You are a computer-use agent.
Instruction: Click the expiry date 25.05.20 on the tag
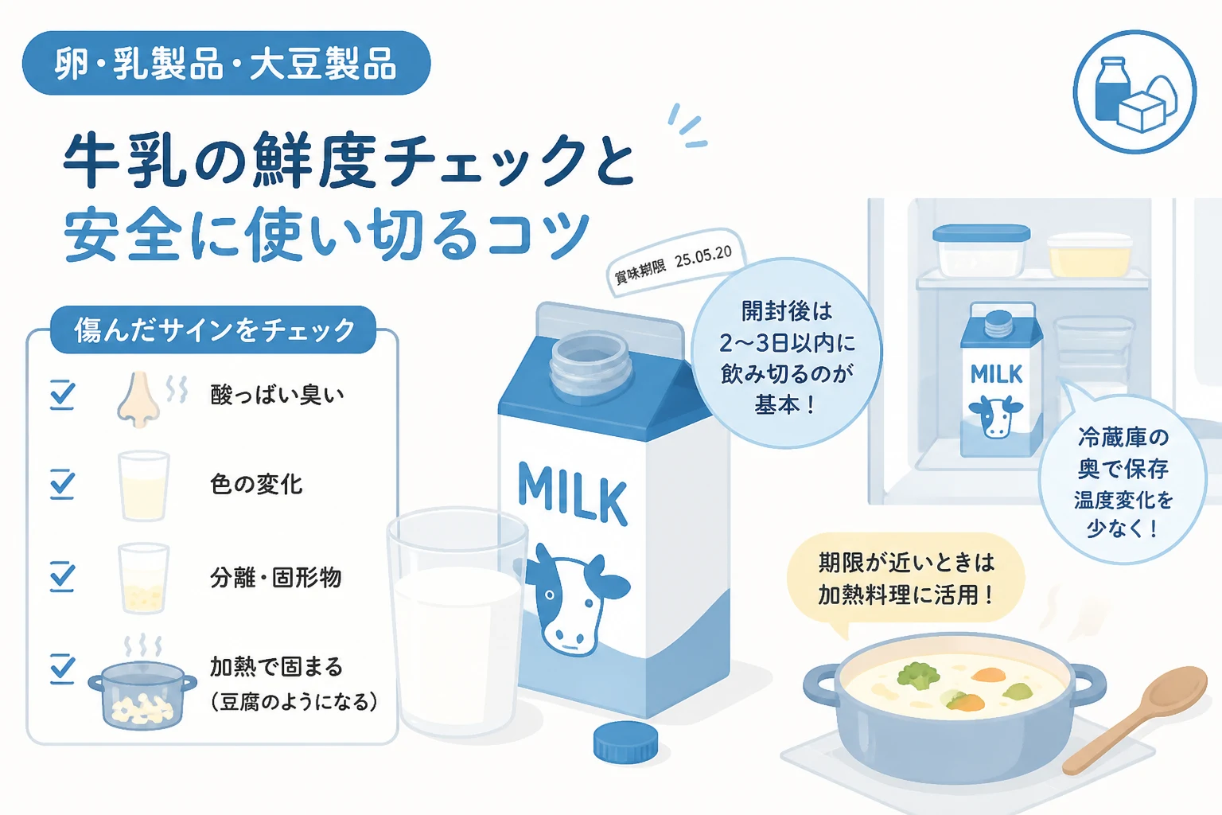pos(703,257)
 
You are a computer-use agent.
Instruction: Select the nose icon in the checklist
pos(138,400)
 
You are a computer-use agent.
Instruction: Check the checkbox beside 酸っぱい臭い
pos(62,394)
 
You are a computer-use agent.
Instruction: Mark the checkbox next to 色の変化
pos(62,484)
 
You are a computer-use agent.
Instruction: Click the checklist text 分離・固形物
pos(275,578)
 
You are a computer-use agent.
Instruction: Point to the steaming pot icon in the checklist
pos(142,685)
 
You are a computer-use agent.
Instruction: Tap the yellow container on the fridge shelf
pos(1090,255)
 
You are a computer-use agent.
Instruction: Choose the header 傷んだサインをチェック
pos(213,330)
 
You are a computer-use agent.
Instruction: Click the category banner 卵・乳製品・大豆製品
pos(227,64)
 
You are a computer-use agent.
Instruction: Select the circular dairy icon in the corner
pos(1135,92)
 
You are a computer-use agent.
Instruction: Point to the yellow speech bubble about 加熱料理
pos(905,579)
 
